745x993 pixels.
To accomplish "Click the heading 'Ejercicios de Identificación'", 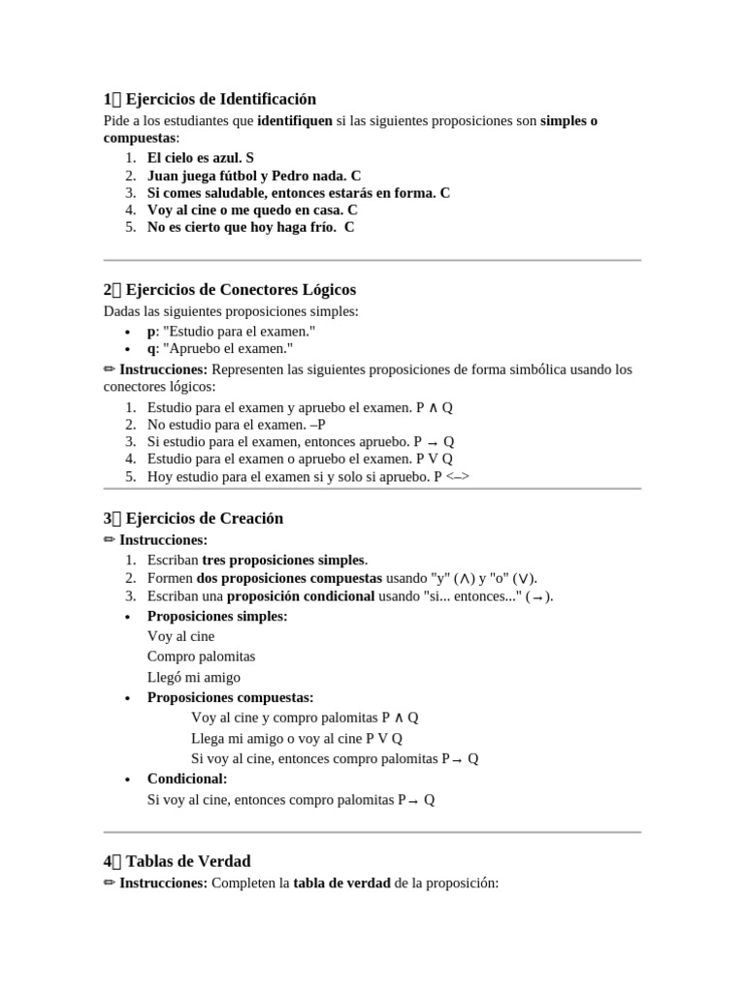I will [x=221, y=99].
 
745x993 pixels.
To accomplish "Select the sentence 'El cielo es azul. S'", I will [x=200, y=157].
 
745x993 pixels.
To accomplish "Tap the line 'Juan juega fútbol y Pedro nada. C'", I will [x=253, y=176].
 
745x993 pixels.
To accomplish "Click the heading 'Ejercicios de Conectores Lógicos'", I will [x=241, y=289].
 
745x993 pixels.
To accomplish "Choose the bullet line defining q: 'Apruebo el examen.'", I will [x=219, y=348].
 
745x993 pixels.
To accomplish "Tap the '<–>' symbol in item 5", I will [x=458, y=477].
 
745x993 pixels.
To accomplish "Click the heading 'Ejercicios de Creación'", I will [x=205, y=518].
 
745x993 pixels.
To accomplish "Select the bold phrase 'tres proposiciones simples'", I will [x=284, y=561].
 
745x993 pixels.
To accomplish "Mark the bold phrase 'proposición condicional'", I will [x=301, y=595].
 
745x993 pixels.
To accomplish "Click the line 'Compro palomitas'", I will [x=201, y=657].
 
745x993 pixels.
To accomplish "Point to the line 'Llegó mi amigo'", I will [x=193, y=677].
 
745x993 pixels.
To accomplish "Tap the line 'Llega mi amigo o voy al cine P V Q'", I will [x=297, y=738].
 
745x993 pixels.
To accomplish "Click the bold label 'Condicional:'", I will [x=186, y=779].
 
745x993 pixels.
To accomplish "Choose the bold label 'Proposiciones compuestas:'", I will [x=230, y=697].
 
